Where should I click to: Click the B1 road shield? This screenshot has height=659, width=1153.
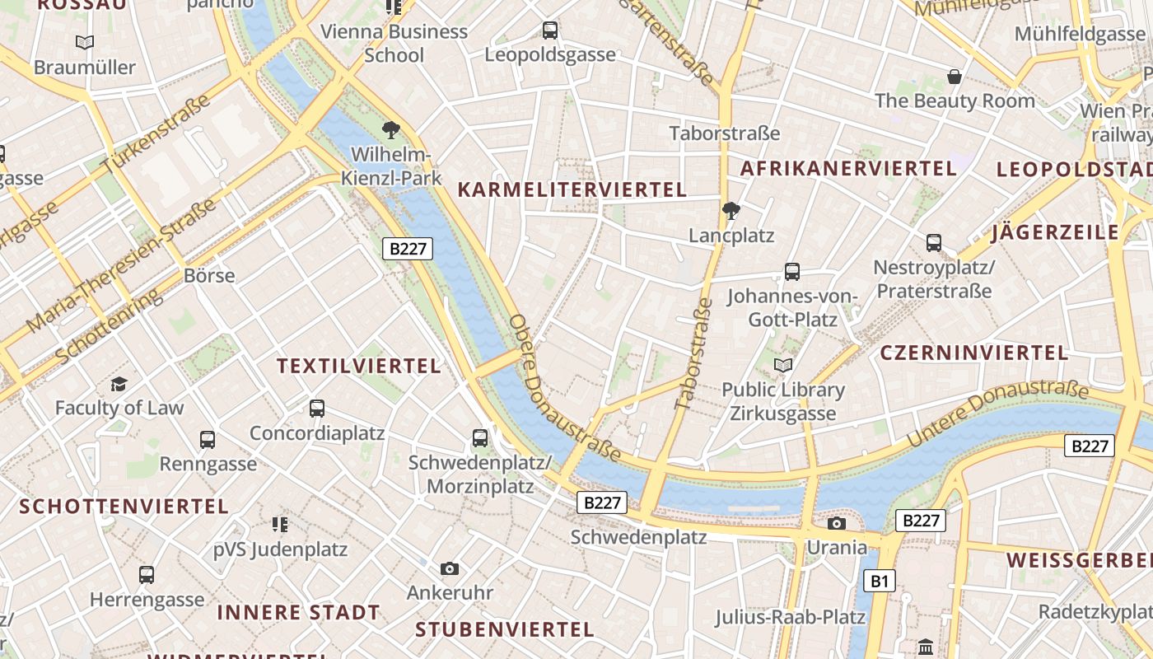880,582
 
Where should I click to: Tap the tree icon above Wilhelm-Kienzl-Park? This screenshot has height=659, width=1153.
390,129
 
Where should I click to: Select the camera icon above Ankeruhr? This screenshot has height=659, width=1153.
449,568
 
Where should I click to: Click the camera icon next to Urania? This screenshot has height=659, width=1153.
837,524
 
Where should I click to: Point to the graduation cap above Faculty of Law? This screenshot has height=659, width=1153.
119,384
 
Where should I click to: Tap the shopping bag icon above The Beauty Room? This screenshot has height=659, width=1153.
955,77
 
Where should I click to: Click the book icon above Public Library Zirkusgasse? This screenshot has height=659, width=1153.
782,365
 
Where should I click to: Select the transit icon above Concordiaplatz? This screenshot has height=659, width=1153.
316,408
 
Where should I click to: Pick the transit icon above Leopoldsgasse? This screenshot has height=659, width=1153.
550,30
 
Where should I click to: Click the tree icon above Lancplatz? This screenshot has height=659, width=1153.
731,211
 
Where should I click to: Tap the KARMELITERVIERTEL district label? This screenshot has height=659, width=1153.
572,190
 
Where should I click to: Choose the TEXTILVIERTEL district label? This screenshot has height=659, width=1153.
359,367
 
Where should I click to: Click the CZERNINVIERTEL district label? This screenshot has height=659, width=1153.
974,353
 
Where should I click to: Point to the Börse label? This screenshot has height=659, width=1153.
209,276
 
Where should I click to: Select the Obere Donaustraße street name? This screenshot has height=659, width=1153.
565,388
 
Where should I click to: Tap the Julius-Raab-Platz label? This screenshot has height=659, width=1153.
790,617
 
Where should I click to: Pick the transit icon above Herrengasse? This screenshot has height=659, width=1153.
147,575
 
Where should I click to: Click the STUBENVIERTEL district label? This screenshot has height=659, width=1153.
504,630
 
